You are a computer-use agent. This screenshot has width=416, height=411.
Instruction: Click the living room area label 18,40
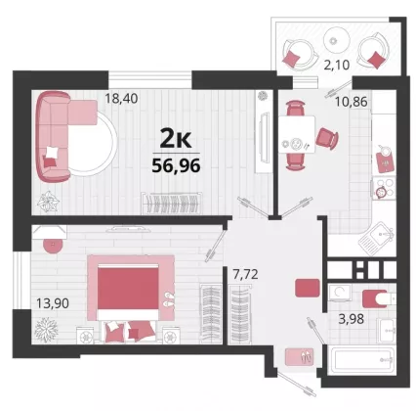121,98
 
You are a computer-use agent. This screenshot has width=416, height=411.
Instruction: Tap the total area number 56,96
176,166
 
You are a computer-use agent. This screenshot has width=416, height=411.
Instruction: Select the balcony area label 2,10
337,65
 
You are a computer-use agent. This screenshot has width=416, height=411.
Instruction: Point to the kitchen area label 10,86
352,102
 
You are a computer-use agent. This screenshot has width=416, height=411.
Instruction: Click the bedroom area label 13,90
53,303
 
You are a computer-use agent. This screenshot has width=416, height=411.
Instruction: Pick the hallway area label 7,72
245,274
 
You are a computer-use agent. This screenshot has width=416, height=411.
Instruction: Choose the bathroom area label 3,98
352,319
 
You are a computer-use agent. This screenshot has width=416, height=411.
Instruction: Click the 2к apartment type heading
176,139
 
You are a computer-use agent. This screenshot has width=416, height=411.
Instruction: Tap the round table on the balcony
337,40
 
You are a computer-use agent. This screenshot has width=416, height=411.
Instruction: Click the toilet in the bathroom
379,298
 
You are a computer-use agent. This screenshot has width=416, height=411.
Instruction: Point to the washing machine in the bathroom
340,293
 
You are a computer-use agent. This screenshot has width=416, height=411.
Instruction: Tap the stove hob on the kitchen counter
384,188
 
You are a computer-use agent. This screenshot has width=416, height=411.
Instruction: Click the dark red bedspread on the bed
128,288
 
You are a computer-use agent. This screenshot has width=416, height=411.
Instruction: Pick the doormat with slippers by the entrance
299,357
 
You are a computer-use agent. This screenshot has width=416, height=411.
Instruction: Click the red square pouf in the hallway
308,288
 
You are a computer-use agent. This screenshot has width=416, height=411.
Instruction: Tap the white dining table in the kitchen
297,134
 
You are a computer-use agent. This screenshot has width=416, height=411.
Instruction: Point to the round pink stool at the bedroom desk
53,246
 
